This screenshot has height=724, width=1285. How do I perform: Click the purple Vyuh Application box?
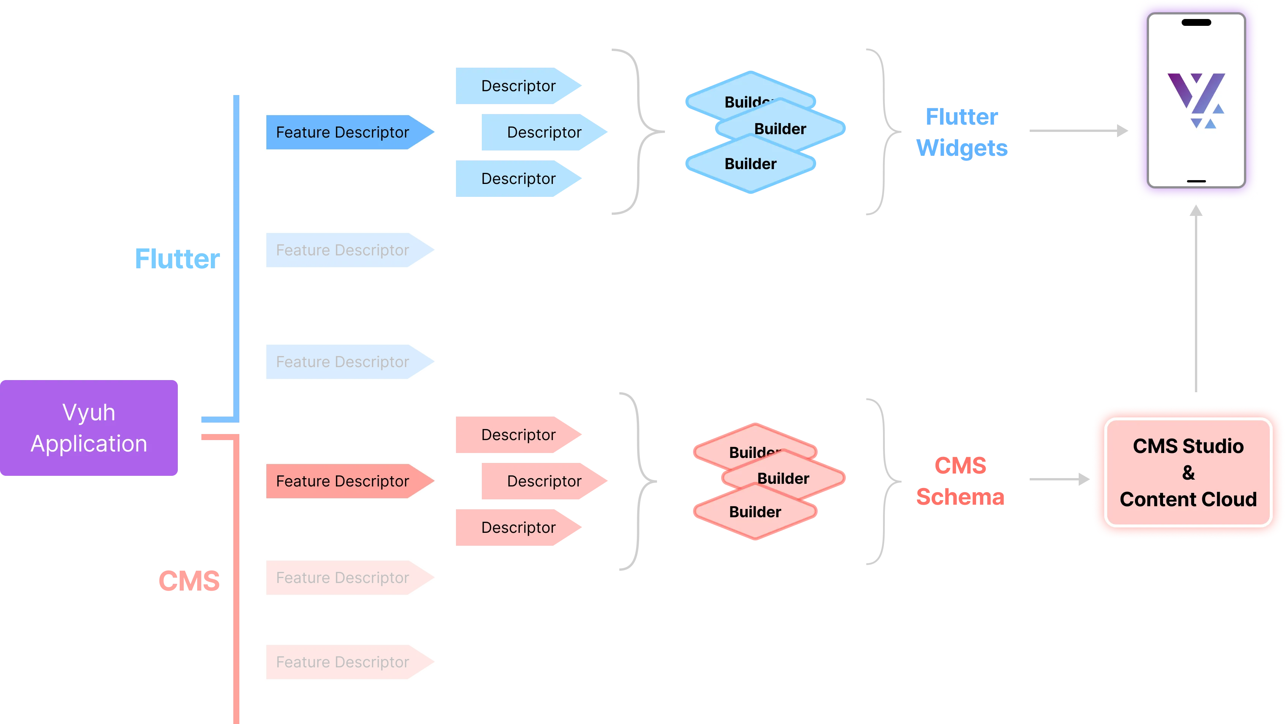tap(89, 428)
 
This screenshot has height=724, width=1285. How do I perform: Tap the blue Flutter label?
tap(177, 259)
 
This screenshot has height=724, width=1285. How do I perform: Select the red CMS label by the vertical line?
tap(189, 581)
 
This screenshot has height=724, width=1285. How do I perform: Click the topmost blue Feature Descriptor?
tap(343, 132)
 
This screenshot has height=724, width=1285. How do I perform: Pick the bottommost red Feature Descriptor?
tap(343, 662)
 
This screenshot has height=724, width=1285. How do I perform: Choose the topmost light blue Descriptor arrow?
tap(518, 86)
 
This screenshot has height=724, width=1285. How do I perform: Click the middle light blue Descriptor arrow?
tap(544, 132)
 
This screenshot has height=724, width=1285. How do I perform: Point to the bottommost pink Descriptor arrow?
tap(518, 528)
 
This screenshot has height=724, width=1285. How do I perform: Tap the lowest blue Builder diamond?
tap(750, 164)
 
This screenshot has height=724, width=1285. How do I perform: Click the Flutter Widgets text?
tap(962, 132)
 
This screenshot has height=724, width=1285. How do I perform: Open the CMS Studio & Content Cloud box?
tap(1188, 472)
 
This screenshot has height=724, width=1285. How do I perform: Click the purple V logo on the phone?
tap(1196, 100)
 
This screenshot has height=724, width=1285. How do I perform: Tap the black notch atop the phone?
tap(1196, 22)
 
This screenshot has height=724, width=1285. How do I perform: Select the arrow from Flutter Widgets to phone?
tap(1078, 131)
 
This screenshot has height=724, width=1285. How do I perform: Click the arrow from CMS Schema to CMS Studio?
tap(1057, 479)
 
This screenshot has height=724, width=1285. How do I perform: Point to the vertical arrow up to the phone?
tap(1196, 299)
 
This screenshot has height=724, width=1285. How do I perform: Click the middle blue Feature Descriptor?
tap(343, 250)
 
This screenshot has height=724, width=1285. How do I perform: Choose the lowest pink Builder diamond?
tap(755, 512)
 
